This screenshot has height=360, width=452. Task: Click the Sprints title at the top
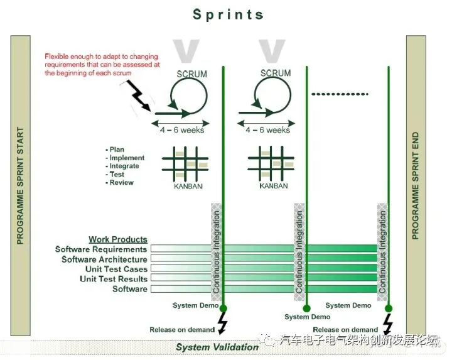[x=228, y=14]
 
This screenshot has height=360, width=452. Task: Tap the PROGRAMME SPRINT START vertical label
[x=20, y=186]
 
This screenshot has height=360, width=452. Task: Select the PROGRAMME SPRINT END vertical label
[x=416, y=186]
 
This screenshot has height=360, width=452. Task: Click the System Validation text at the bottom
[x=217, y=347]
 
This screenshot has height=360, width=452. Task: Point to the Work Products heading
[x=118, y=239]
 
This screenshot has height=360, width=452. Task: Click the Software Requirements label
[x=101, y=249]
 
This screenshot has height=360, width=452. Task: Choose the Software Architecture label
[x=104, y=259]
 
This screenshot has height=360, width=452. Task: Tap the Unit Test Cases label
[x=117, y=269]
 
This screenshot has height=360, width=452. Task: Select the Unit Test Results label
[x=114, y=279]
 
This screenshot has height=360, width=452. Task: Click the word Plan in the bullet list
[x=117, y=150]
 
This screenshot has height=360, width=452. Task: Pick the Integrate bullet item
[x=124, y=166]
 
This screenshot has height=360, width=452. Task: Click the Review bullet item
[x=121, y=183]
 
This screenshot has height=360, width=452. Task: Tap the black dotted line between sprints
[x=340, y=94]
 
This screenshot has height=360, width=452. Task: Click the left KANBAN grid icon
[x=185, y=164]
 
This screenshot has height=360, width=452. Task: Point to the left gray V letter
[x=186, y=51]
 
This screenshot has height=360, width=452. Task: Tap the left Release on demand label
[x=182, y=330]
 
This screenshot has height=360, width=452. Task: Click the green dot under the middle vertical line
[x=307, y=308]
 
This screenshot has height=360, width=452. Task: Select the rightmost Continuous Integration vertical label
[x=382, y=252]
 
